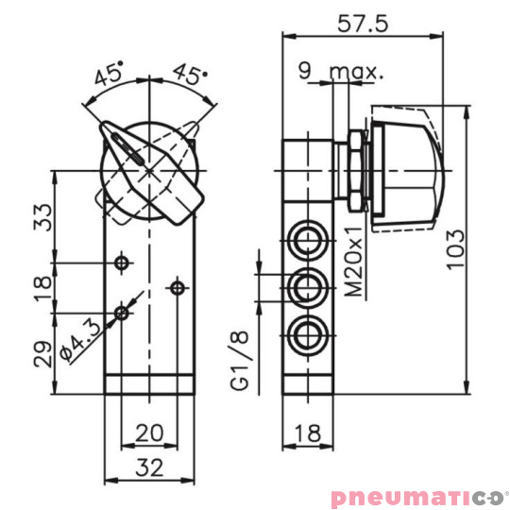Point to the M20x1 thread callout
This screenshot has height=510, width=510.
point(354,268)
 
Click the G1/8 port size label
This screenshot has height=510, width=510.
point(243,360)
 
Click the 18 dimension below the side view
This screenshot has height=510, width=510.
point(307,433)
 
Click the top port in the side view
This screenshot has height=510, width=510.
point(307,237)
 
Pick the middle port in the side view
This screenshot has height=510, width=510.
point(307,284)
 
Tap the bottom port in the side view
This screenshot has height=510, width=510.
point(307,331)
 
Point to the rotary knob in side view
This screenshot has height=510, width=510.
point(402,167)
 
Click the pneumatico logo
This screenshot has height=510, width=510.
point(419,498)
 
